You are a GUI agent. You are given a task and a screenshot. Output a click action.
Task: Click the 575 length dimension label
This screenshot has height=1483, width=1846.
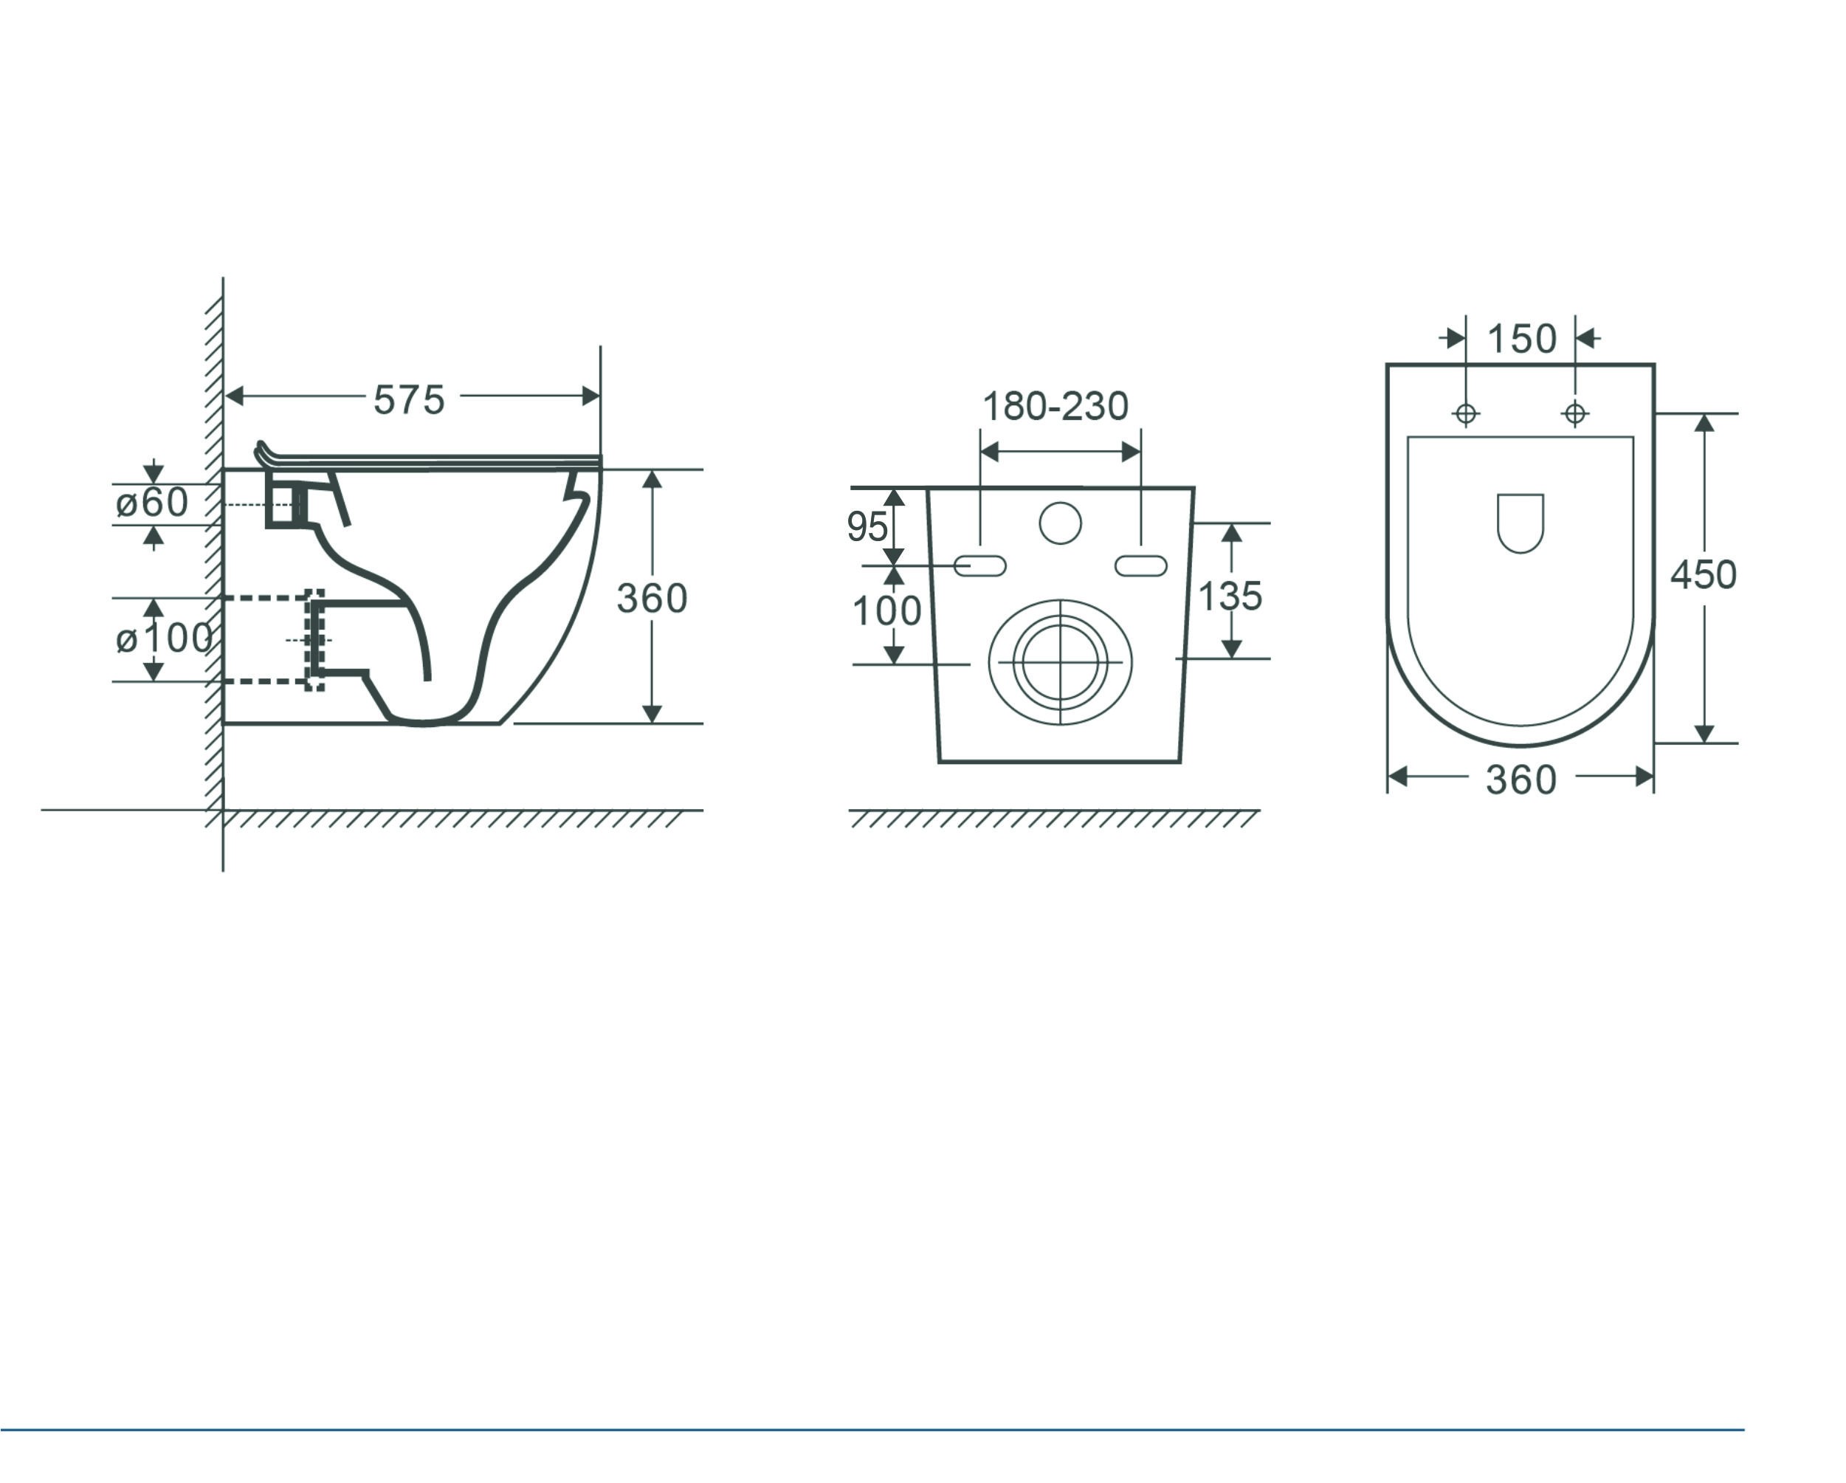[409, 399]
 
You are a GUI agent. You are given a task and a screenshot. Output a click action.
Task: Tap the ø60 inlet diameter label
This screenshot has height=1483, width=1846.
[151, 503]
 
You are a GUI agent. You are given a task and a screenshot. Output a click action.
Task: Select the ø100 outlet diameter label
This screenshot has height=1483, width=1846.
[164, 638]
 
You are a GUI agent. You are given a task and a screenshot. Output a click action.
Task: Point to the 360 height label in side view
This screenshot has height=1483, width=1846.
[652, 598]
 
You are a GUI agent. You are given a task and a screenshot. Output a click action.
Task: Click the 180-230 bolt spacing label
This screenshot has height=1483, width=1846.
[1055, 406]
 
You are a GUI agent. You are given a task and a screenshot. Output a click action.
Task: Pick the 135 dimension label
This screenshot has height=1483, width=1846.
[1230, 596]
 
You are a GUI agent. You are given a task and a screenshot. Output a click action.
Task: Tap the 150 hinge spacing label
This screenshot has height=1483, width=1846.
[1521, 338]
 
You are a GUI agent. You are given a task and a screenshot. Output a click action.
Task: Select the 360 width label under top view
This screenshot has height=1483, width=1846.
[1520, 780]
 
